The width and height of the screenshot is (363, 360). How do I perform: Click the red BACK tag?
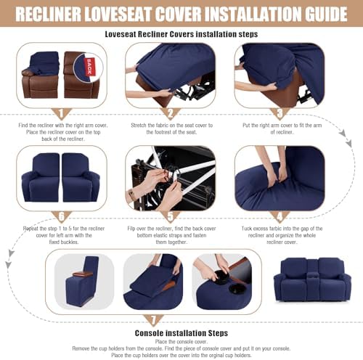click(x=89, y=67)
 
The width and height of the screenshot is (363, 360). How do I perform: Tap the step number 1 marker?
click(x=62, y=113)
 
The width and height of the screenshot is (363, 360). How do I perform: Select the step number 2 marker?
click(x=171, y=113)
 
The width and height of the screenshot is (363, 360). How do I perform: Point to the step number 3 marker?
click(x=280, y=113)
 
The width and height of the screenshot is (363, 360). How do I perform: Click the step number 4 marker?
click(x=280, y=216)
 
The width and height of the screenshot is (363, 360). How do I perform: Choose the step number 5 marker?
click(x=171, y=216)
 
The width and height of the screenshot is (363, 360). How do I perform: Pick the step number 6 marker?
click(x=62, y=216)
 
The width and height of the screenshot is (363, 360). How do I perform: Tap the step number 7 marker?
click(x=153, y=320)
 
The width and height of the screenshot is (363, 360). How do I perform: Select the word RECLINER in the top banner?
click(x=48, y=14)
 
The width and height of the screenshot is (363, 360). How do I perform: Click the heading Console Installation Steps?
click(x=181, y=333)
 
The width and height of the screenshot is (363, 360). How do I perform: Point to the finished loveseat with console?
click(x=312, y=279)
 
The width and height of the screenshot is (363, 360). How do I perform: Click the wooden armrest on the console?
click(x=83, y=274)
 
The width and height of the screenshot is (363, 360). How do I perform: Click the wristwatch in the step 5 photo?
click(x=131, y=195)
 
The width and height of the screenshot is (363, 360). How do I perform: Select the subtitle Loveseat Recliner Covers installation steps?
click(x=181, y=34)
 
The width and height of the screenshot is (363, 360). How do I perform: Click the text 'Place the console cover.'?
click(x=181, y=342)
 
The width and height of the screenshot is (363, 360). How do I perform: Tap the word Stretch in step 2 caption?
click(x=138, y=126)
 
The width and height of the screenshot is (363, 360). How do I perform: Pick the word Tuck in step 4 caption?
click(x=247, y=229)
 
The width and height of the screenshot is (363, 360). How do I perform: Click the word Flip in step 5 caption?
click(x=131, y=229)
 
